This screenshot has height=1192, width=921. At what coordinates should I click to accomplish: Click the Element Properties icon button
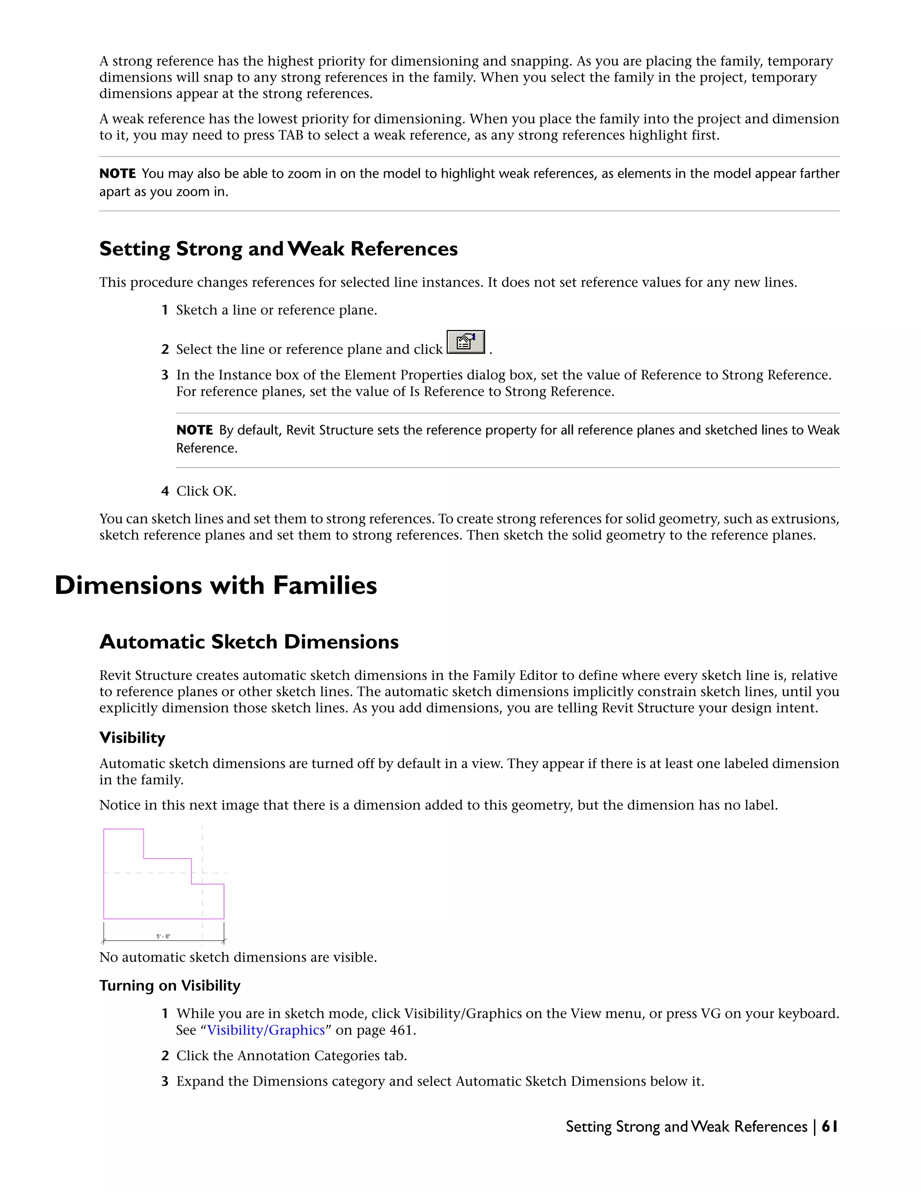click(x=465, y=342)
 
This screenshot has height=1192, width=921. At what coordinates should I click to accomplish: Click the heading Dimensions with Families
click(x=215, y=585)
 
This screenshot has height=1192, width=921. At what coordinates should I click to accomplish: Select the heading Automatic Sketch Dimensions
click(x=249, y=641)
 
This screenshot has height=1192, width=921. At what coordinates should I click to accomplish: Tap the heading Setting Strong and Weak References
click(x=278, y=249)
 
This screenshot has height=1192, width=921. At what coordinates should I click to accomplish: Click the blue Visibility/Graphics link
click(x=266, y=1030)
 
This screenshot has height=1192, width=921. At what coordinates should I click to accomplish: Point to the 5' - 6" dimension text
click(x=163, y=936)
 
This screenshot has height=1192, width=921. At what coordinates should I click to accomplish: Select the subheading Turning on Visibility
click(x=170, y=985)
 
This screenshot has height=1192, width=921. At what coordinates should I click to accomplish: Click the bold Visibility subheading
click(x=132, y=738)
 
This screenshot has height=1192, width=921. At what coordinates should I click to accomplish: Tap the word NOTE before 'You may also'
click(x=117, y=174)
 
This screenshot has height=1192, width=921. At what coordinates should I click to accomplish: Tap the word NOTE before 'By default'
click(x=194, y=430)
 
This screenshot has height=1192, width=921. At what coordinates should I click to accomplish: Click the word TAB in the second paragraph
click(x=291, y=135)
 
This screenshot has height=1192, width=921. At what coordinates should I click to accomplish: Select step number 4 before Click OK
click(x=165, y=491)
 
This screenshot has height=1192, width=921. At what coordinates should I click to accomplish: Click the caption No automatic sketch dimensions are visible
click(x=238, y=957)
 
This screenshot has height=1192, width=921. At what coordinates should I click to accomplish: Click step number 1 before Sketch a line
click(x=165, y=310)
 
